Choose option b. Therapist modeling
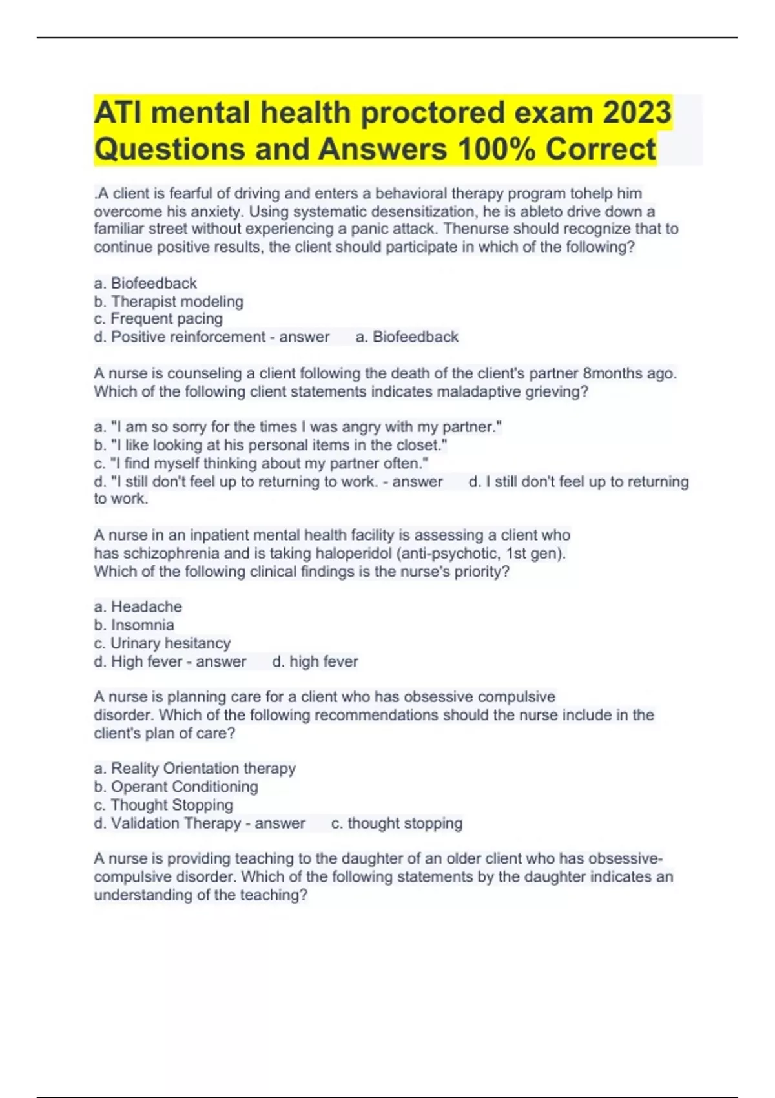pos(169,302)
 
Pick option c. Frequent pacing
pos(158,319)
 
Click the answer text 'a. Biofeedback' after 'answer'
pos(407,337)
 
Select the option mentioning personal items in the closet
pos(271,445)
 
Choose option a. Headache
pos(138,607)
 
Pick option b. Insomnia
pos(134,625)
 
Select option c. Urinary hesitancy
pos(162,643)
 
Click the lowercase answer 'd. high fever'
pos(315,661)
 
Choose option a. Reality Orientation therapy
pos(194,769)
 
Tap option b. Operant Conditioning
pos(176,787)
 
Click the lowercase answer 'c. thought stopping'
pos(397,823)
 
